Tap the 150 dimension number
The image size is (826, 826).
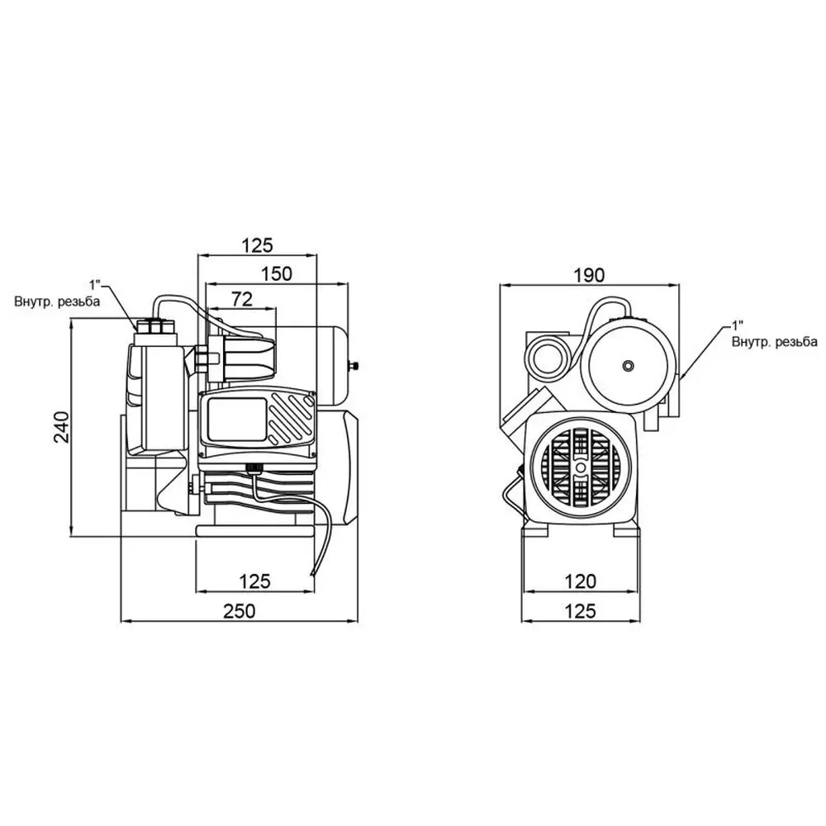pyautogui.click(x=277, y=273)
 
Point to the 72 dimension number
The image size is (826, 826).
pyautogui.click(x=241, y=298)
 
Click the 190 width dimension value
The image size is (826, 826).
pyautogui.click(x=591, y=274)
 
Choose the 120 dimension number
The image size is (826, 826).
pyautogui.click(x=582, y=582)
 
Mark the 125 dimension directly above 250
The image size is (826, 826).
pyautogui.click(x=256, y=582)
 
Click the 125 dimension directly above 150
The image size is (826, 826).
pyautogui.click(x=257, y=245)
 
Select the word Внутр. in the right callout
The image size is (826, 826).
pyautogui.click(x=749, y=341)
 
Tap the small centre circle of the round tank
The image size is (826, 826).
pyautogui.click(x=629, y=365)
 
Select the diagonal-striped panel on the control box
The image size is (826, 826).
pyautogui.click(x=292, y=420)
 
